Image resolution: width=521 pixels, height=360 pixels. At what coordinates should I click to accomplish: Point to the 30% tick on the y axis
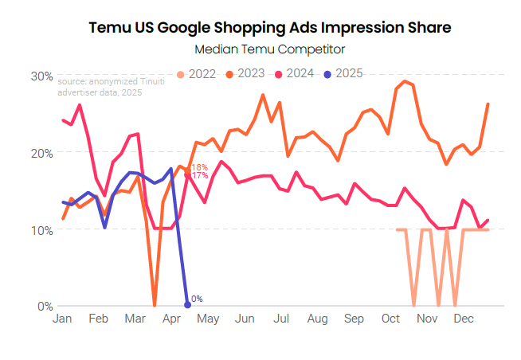[x=42, y=76]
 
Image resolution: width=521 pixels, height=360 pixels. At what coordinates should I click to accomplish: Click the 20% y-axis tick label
[x=42, y=153]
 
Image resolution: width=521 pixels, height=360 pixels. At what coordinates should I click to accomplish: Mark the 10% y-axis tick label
[x=42, y=229]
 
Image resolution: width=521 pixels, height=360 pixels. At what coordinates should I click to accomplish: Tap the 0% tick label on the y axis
[x=45, y=306]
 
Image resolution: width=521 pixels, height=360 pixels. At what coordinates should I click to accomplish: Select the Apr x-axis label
[x=170, y=319]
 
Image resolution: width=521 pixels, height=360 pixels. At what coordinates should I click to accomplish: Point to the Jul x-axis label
[x=280, y=319]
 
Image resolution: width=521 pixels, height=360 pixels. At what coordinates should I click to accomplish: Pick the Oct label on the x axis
[x=390, y=319]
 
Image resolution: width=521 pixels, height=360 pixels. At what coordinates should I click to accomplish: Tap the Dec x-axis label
[x=463, y=319]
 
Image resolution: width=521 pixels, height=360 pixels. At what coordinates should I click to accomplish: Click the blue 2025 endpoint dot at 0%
[x=187, y=305]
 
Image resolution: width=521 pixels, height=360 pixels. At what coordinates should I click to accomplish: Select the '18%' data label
[x=200, y=167]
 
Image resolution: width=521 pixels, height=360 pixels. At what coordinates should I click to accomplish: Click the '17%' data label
[x=200, y=175]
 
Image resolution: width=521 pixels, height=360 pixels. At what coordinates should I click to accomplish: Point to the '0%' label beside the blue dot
[x=198, y=299]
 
